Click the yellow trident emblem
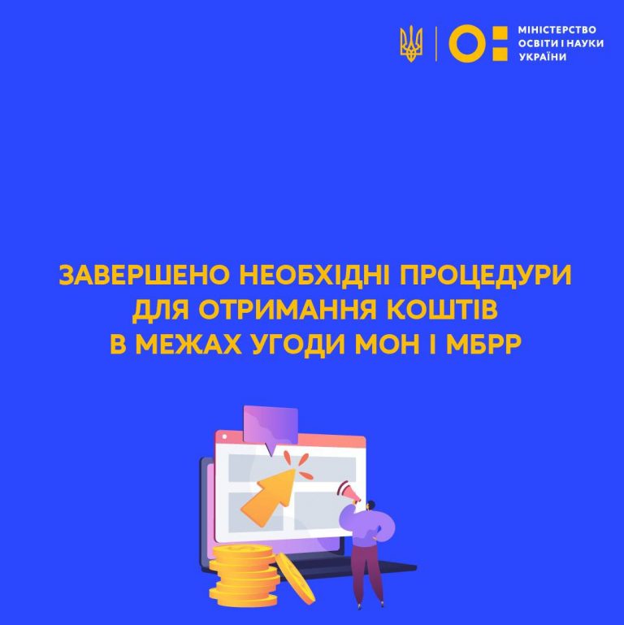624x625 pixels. click(411, 43)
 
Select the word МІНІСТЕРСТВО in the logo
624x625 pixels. click(557, 30)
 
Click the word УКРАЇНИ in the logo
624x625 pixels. click(542, 57)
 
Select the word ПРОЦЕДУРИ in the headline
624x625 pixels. click(486, 275)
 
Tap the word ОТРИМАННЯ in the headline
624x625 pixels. click(288, 310)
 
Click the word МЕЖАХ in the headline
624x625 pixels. click(188, 344)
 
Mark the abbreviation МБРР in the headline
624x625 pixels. click(483, 344)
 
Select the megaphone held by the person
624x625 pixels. click(349, 493)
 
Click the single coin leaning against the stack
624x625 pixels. click(296, 578)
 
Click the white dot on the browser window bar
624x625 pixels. click(224, 437)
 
